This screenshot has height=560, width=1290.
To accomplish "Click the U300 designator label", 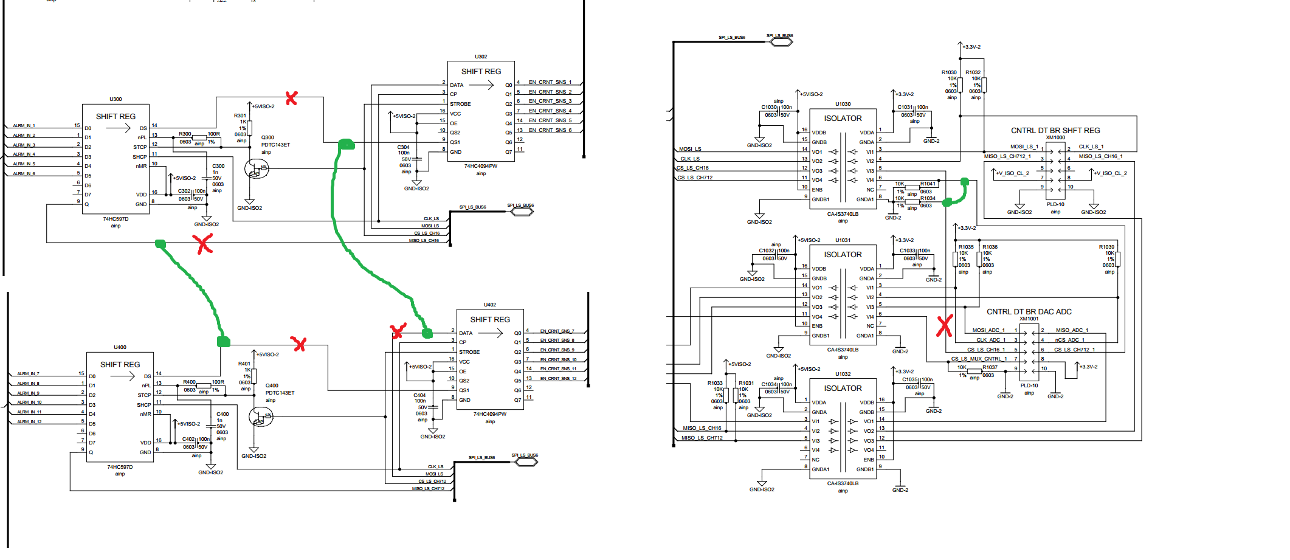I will tap(116, 99).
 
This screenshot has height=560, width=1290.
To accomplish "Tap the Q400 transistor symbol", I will tap(261, 417).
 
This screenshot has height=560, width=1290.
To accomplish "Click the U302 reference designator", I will tap(481, 57).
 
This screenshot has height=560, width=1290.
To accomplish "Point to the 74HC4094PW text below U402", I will tap(489, 414).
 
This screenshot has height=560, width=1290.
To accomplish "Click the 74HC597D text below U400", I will tap(120, 467).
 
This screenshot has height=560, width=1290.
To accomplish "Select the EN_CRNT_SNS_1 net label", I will tap(550, 82).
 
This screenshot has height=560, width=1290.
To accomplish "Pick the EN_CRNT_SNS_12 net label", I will tap(558, 379).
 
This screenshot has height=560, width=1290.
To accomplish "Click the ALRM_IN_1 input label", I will tap(24, 126).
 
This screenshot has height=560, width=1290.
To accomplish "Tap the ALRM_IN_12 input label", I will tap(29, 421).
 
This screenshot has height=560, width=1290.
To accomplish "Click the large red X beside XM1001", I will tap(944, 326).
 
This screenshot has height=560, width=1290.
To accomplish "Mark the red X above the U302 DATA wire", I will tap(292, 98).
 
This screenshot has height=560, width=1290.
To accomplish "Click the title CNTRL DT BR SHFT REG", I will tap(1055, 131).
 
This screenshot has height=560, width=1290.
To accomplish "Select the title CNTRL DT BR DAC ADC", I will tap(1029, 312).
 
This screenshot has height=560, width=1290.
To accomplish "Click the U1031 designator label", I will tap(843, 240).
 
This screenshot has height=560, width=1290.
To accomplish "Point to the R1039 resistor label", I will tap(1106, 247).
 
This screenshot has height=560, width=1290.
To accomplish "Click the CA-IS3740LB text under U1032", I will tap(843, 483).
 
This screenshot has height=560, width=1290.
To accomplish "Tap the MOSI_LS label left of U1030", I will tap(690, 149).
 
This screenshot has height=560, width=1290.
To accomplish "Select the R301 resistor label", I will tap(240, 116).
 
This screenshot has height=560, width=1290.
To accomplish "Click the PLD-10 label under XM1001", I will tap(1029, 385).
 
